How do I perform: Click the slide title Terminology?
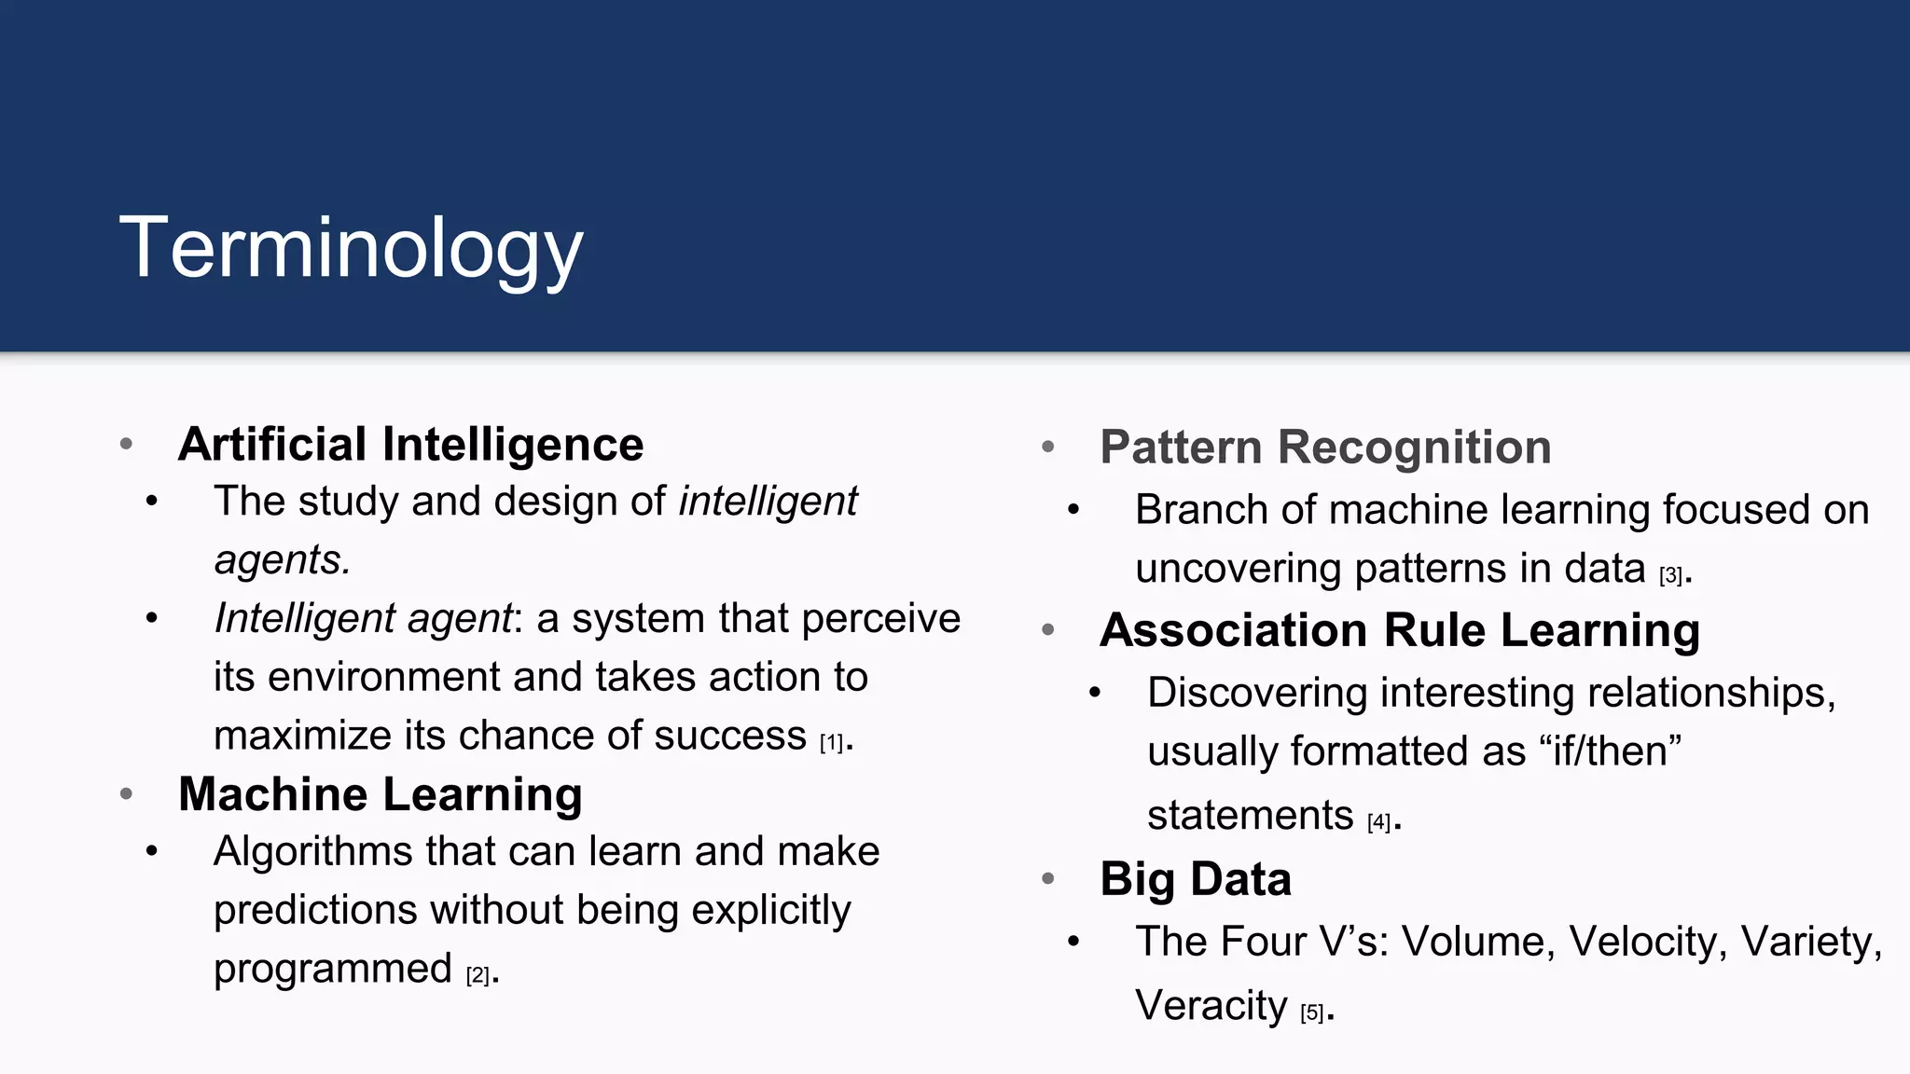[x=351, y=248]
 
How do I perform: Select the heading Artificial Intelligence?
[x=410, y=444]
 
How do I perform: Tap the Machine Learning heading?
[x=380, y=794]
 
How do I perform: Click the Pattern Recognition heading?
[x=1325, y=447]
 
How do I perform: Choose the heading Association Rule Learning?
[x=1399, y=630]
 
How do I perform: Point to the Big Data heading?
[x=1196, y=879]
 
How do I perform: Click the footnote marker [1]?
[x=831, y=743]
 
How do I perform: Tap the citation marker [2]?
[x=477, y=976]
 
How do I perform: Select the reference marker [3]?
[x=1670, y=576]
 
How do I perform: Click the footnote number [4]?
[x=1378, y=822]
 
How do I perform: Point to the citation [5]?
[x=1312, y=1013]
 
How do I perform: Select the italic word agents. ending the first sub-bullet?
[x=282, y=560]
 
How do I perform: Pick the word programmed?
[x=332, y=970]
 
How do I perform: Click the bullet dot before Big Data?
[x=1048, y=878]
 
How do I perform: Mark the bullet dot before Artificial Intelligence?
[x=127, y=444]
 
